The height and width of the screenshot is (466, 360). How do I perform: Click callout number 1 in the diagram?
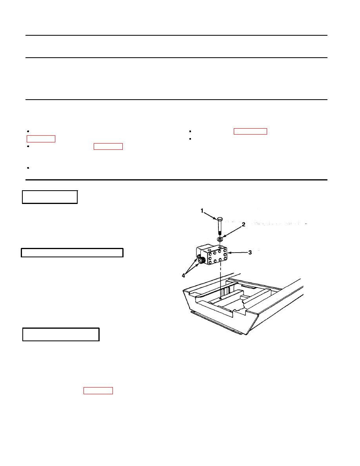[x=202, y=211]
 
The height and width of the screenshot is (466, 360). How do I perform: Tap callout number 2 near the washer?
[x=243, y=224]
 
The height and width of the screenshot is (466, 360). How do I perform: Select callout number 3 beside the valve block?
[x=250, y=252]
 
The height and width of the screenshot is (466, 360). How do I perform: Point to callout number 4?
[x=183, y=276]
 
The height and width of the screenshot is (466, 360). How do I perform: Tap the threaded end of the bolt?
[x=220, y=232]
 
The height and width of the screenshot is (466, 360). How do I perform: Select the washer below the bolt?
[x=220, y=239]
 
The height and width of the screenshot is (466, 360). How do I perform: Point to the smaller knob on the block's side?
[x=198, y=257]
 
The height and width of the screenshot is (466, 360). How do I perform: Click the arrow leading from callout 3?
[x=237, y=253]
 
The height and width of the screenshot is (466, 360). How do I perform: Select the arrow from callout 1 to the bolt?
[x=211, y=215]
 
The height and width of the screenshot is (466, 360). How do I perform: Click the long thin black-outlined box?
[x=72, y=253]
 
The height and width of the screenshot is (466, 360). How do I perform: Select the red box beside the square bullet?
[x=251, y=131]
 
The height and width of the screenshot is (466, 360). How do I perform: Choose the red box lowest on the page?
[x=98, y=391]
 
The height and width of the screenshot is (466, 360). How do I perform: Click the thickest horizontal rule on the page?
[x=176, y=180]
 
